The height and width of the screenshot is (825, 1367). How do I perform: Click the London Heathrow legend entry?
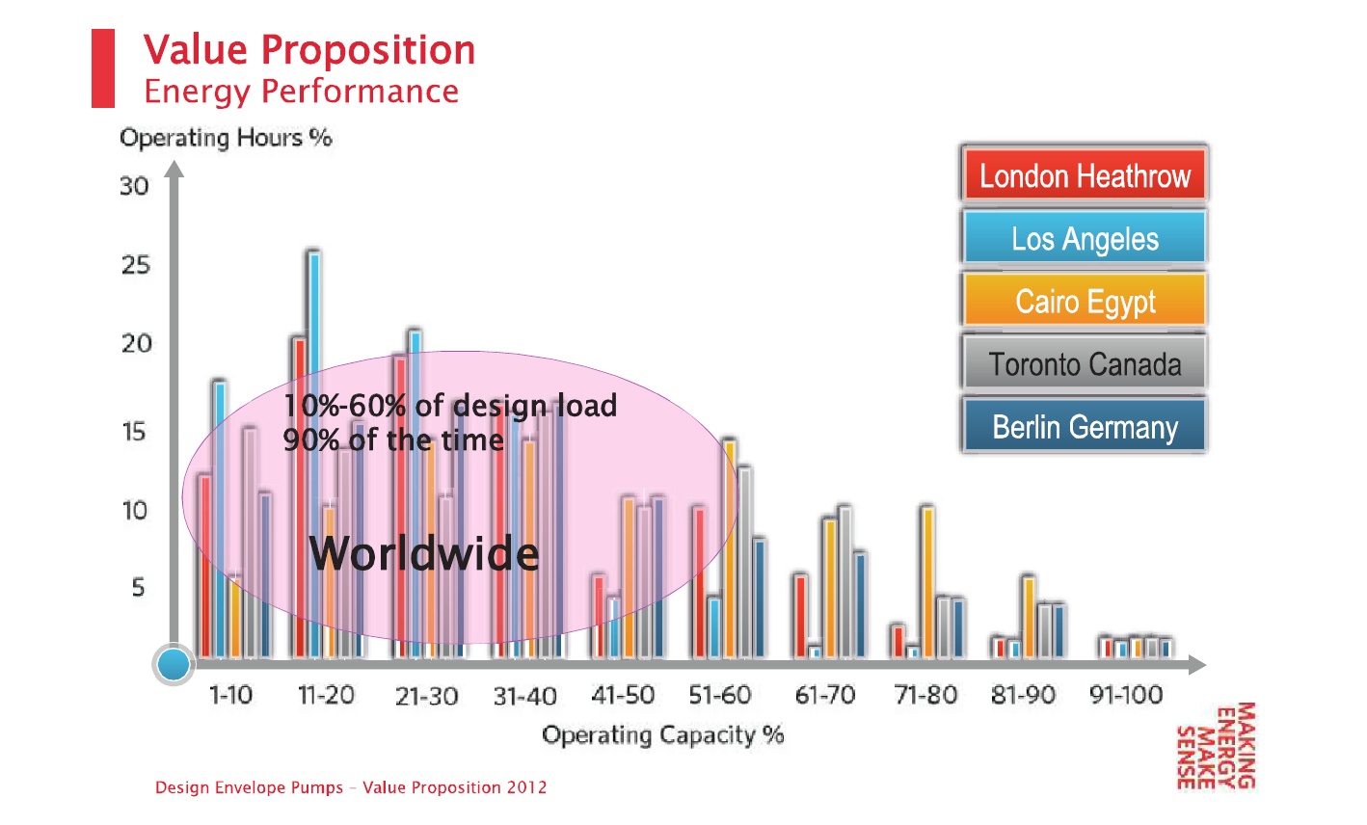(1085, 175)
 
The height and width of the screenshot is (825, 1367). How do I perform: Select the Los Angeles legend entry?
(1085, 238)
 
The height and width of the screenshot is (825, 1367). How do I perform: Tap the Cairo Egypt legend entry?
(1085, 301)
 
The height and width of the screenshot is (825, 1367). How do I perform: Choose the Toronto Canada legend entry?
(1085, 363)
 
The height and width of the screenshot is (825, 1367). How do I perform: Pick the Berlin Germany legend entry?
(1085, 426)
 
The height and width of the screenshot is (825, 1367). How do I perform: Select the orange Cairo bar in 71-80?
(928, 583)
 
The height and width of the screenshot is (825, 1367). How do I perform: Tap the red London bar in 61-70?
(799, 617)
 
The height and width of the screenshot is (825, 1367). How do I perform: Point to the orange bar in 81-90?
(1029, 617)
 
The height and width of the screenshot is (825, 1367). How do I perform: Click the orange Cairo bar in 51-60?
(730, 549)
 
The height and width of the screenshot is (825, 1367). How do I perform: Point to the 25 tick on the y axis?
(135, 265)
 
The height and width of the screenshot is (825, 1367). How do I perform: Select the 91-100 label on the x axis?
(1126, 695)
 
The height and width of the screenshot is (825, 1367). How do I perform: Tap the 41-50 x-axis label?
(623, 695)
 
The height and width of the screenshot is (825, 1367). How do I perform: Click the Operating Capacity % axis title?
(663, 735)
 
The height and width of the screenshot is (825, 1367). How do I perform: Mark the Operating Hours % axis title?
(226, 138)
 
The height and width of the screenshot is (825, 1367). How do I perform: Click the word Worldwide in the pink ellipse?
(424, 554)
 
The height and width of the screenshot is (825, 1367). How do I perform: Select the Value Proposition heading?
(309, 50)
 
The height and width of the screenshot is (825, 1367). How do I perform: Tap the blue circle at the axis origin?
(174, 664)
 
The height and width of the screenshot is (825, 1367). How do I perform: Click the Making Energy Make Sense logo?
(1217, 745)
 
